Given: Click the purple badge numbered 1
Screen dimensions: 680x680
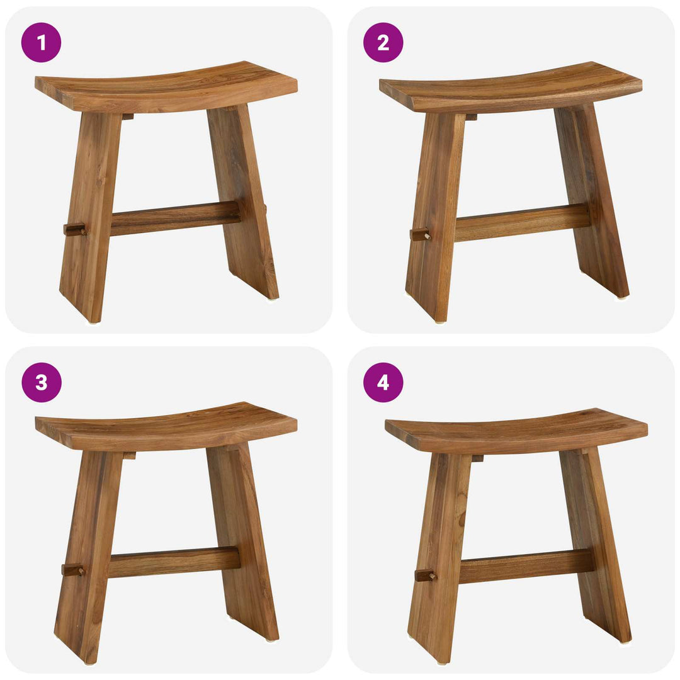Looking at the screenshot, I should coord(41,42).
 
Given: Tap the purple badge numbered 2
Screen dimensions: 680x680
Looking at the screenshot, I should coord(383,42).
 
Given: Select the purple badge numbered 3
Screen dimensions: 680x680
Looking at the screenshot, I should coord(41,382).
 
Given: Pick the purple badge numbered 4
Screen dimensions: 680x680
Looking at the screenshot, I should coord(383,382).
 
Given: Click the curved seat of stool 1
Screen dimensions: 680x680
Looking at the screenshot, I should coord(166,87).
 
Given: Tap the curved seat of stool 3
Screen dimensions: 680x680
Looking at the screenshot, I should coord(166,427).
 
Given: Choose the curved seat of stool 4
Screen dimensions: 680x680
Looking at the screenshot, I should coord(516,431).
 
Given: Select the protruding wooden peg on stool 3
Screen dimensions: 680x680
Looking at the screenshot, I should coord(72,570).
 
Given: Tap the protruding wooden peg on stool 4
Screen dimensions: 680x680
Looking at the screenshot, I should coord(425,575).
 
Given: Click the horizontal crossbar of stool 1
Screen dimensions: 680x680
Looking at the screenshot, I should coord(174,218).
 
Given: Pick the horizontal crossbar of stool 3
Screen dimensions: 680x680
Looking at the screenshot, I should coord(174,562).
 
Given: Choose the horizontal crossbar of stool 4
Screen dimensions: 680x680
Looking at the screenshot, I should coord(526,565).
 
